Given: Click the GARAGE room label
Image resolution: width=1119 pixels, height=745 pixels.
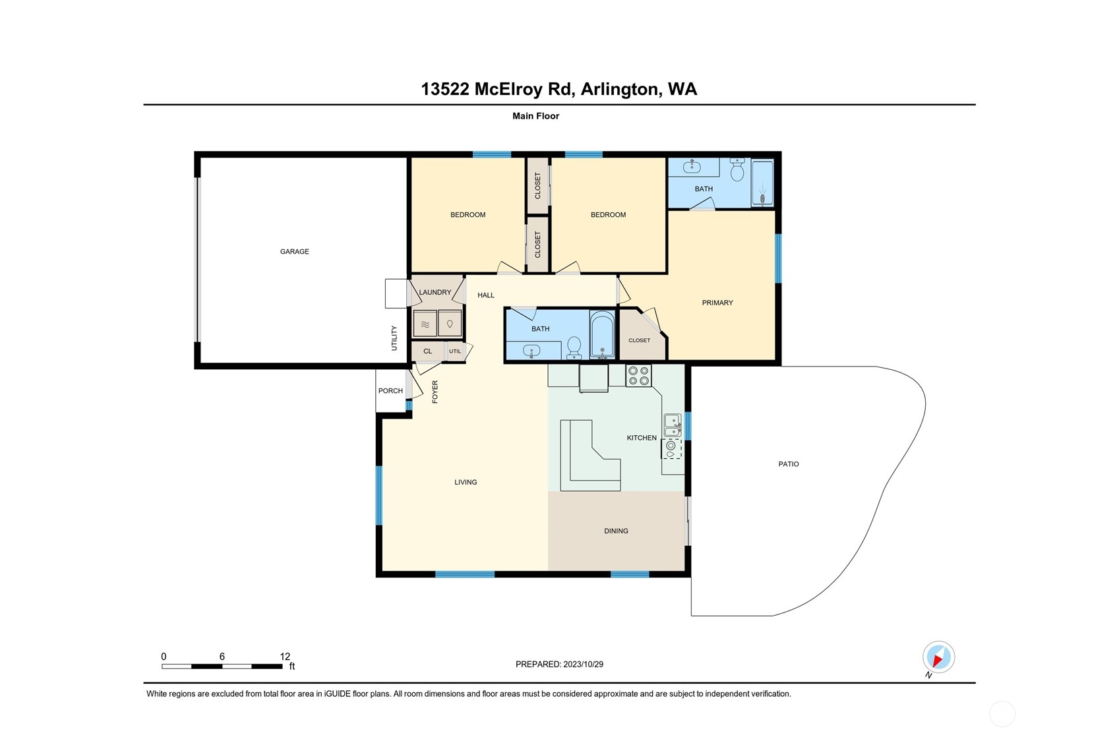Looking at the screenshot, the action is click(294, 252).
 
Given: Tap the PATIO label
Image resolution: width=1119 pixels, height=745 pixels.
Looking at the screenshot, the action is click(788, 464).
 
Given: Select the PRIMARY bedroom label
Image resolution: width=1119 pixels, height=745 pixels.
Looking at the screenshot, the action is click(717, 303).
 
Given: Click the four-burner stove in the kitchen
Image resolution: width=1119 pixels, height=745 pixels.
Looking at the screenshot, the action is click(638, 376).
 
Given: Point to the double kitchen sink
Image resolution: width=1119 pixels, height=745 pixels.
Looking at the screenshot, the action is click(673, 425).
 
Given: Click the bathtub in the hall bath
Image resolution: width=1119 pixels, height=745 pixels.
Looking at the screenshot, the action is click(602, 334).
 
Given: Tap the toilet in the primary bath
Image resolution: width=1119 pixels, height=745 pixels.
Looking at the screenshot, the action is click(737, 170).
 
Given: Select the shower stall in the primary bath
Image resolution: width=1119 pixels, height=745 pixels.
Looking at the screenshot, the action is click(762, 183).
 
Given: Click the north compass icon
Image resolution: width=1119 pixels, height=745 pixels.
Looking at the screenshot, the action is click(939, 657).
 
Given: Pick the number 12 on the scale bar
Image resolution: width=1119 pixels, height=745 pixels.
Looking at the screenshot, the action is click(285, 656).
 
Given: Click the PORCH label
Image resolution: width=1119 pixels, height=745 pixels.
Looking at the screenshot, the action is click(390, 391).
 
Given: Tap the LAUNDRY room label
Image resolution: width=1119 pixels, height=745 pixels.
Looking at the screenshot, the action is click(435, 292).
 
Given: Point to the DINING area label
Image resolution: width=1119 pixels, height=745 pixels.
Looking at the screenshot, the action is click(616, 531).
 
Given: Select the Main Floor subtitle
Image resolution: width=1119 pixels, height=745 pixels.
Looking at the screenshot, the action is click(535, 116).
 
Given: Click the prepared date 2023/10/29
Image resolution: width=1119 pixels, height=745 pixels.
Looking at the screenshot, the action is click(583, 664).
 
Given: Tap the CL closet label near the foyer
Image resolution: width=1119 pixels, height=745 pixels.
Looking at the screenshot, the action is click(427, 351).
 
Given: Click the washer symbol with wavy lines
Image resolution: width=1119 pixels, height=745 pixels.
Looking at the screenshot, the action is click(425, 324).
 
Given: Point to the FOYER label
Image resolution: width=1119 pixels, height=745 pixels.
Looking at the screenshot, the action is click(435, 392).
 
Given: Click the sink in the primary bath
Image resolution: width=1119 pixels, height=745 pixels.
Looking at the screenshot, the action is click(692, 166).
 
